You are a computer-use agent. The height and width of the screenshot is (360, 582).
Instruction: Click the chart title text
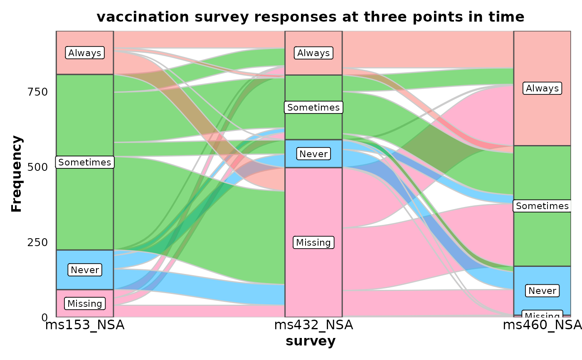tap(310, 17)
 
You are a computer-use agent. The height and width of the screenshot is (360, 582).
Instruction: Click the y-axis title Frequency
tap(17, 174)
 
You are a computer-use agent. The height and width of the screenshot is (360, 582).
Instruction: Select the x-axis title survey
tap(311, 341)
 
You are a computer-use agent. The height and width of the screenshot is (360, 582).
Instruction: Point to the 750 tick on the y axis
tap(38, 91)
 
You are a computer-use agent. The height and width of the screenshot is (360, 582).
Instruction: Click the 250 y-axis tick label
tap(38, 242)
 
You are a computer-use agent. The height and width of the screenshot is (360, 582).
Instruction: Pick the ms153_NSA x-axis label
tap(85, 325)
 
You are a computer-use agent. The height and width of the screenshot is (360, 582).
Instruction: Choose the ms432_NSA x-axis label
tap(313, 325)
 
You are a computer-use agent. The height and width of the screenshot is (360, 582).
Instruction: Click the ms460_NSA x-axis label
tap(542, 325)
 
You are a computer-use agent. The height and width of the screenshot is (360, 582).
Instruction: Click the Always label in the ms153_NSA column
tap(85, 53)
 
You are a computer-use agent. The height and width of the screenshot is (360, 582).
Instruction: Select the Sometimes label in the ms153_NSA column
tap(85, 162)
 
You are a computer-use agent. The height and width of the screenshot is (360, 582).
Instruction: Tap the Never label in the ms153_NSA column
tap(85, 270)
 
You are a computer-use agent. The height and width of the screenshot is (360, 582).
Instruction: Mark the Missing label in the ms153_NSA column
tap(85, 303)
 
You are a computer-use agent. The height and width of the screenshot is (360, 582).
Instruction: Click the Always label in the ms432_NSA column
tap(313, 53)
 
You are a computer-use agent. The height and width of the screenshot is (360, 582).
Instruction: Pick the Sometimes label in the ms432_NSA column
tap(313, 107)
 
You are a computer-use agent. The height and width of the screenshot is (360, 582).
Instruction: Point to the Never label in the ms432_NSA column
tap(313, 154)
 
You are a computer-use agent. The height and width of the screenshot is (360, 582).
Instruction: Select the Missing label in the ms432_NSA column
tap(313, 242)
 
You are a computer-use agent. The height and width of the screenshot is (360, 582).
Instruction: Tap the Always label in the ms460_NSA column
tap(542, 88)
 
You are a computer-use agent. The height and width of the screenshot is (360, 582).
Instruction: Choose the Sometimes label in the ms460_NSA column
tap(542, 206)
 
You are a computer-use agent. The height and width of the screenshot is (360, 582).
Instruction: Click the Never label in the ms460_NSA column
tap(542, 291)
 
